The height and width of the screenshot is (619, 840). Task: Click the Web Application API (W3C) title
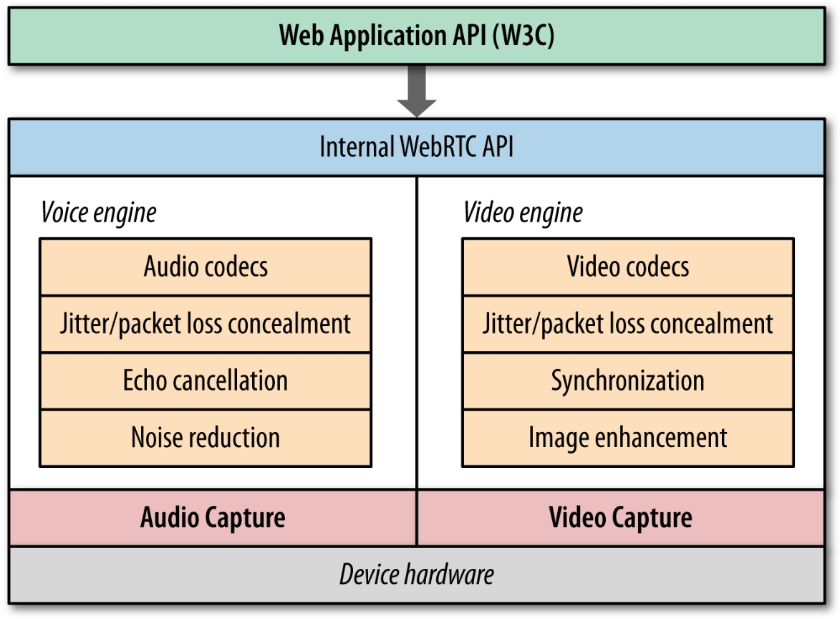[x=416, y=36]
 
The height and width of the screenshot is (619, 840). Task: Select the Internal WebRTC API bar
[x=416, y=148]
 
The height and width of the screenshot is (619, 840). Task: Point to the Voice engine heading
[x=98, y=213]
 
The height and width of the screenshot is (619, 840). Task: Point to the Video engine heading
[x=523, y=213]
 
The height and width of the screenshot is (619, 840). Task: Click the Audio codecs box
[x=206, y=267]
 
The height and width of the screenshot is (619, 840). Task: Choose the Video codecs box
[x=627, y=267]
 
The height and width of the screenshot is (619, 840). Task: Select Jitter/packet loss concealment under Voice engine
[x=206, y=324]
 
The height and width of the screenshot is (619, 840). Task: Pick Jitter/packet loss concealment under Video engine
[x=627, y=324]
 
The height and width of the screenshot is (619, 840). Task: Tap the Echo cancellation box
[x=206, y=380]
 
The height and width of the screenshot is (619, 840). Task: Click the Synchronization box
[x=627, y=380]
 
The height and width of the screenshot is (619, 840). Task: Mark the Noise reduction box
[x=206, y=438]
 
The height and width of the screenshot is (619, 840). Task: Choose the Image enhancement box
[x=627, y=438]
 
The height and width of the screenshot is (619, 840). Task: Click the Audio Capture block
[x=213, y=518]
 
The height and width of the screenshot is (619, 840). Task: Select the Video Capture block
[x=620, y=518]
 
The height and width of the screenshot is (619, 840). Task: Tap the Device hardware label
[x=416, y=575]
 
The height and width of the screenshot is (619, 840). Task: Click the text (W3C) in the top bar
[x=523, y=36]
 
